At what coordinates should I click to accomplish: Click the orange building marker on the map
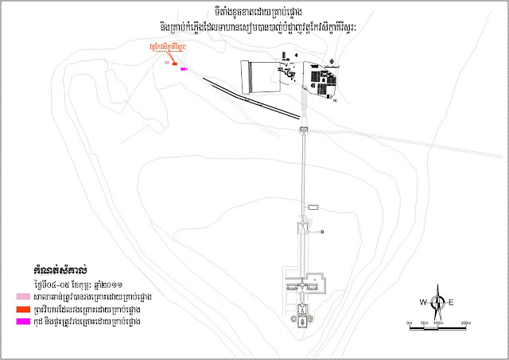(174, 63)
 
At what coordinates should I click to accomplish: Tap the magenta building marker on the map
(184, 69)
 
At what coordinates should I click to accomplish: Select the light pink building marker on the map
(167, 61)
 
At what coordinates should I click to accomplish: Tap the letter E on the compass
(450, 302)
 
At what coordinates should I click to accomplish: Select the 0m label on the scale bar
(408, 323)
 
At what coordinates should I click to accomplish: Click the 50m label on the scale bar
(423, 323)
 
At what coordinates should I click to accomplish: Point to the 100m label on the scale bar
(437, 323)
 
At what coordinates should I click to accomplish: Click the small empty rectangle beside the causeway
(313, 207)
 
